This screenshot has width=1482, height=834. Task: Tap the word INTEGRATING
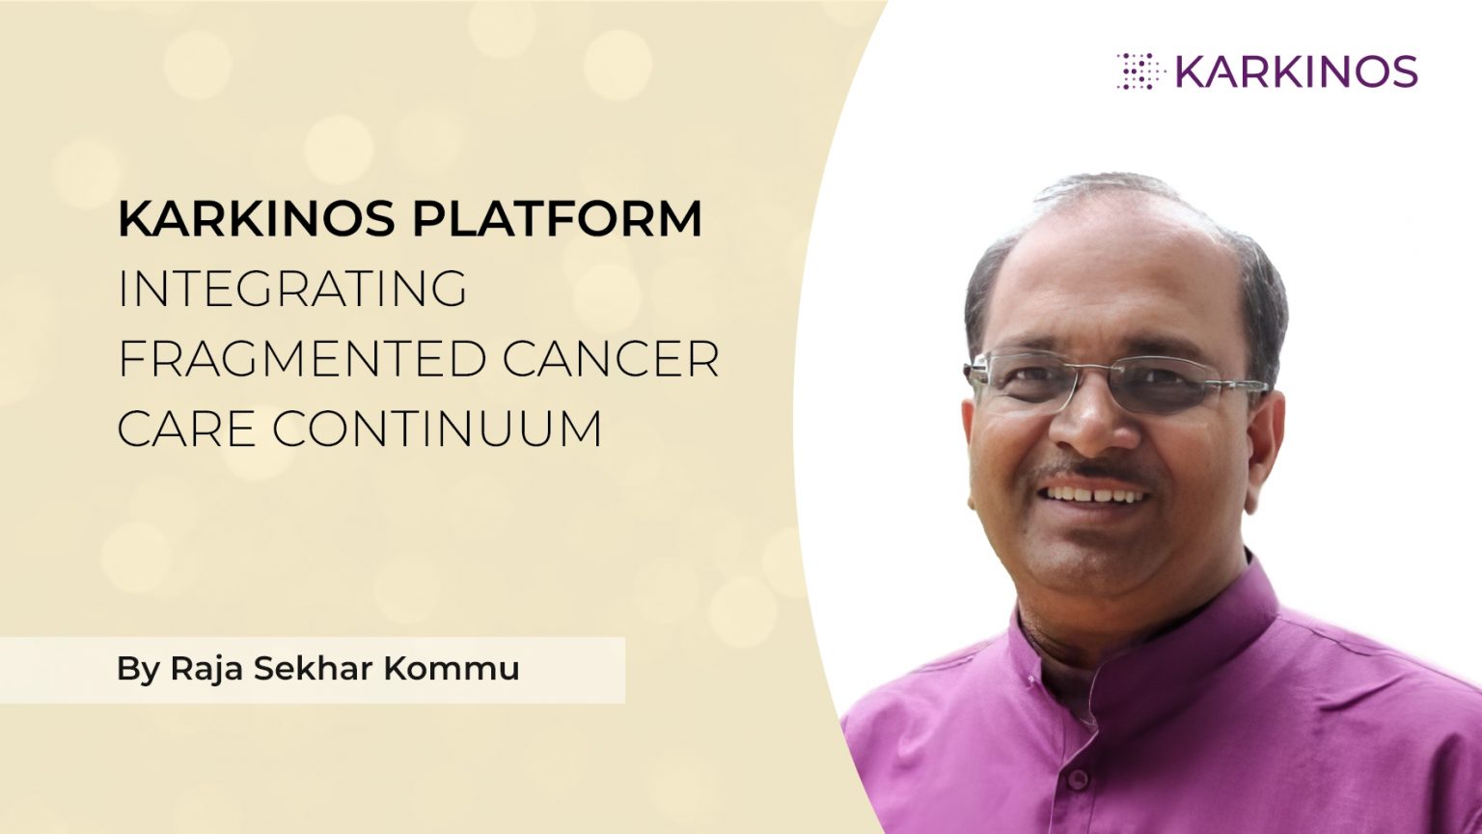292,289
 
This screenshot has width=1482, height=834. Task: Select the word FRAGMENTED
301,359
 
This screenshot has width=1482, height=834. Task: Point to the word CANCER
611,359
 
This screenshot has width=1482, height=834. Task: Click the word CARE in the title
186,429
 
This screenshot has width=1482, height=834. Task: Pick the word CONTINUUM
437,429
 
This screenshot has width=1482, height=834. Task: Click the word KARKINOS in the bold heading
257,219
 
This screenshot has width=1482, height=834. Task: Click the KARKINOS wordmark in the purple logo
1296,71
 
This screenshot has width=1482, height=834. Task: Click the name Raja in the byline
206,668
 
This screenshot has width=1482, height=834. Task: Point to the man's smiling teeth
1094,495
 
